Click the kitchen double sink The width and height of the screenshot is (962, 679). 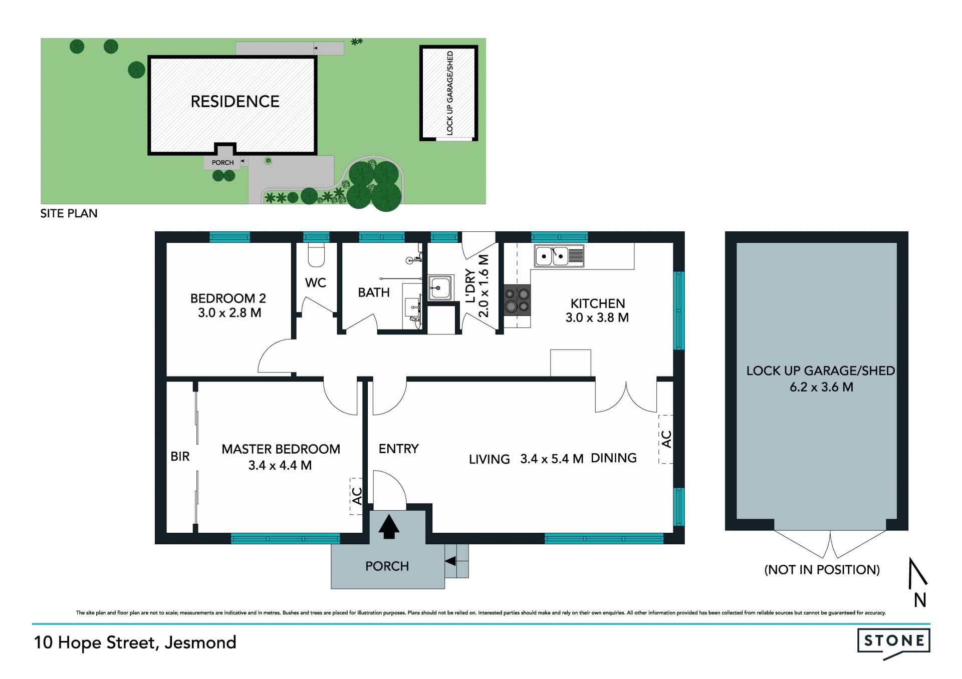point(559,256)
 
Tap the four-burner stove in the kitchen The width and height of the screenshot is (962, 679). point(517,300)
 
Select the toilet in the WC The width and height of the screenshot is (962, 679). point(316,255)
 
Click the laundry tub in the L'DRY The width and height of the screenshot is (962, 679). point(440,287)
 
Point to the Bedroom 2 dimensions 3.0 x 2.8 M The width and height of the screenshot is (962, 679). point(229,313)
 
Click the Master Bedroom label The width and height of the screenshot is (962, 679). point(281,449)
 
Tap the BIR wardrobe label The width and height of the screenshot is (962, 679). point(180,457)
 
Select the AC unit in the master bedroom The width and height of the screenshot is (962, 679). point(356,496)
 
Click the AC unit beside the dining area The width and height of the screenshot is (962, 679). point(666,439)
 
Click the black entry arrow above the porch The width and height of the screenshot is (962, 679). point(389,527)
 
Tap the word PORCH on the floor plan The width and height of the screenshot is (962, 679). point(387,566)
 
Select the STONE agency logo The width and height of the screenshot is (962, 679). point(893,643)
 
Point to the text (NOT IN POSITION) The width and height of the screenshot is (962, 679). point(822,570)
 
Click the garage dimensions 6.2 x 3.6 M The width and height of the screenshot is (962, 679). point(821,387)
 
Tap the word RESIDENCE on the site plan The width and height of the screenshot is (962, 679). point(235,102)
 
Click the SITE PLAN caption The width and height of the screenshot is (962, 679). point(69,213)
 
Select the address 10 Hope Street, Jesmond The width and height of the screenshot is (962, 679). point(135,642)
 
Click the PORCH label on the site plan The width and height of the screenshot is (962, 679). point(222,163)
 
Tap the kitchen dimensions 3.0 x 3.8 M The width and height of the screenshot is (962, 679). point(597,317)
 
